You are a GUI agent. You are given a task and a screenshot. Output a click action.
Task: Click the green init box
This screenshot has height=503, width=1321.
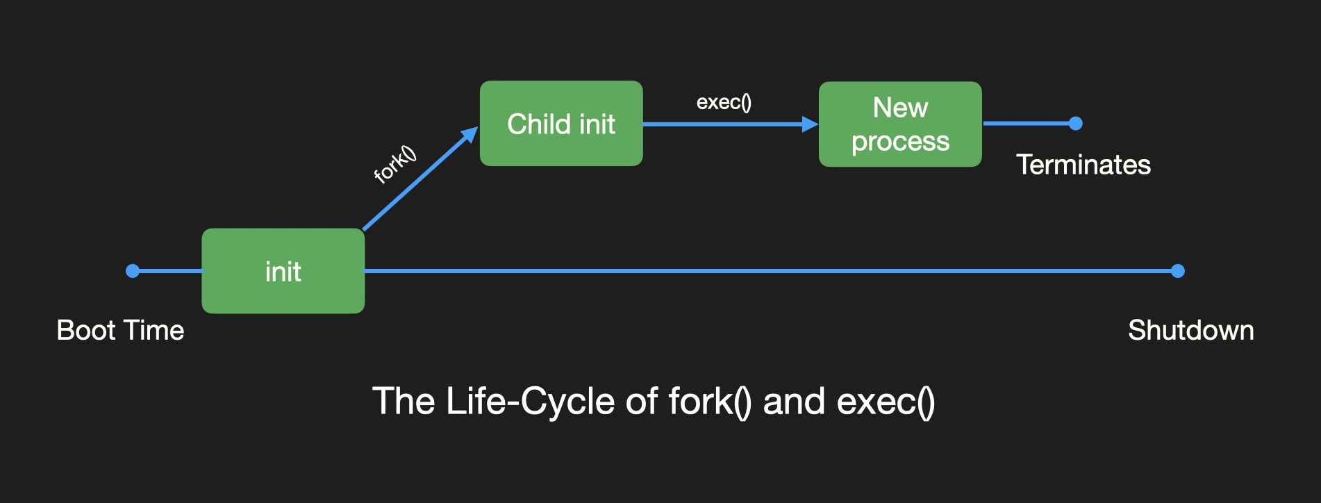(x=283, y=271)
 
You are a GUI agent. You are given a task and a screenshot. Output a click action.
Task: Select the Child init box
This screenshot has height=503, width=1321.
(x=561, y=123)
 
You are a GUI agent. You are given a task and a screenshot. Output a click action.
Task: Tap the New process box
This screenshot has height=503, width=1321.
(x=900, y=124)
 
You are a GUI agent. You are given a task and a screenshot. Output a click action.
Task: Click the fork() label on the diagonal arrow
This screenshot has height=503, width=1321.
(x=394, y=165)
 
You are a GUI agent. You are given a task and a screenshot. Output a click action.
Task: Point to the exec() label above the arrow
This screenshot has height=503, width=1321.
(x=724, y=102)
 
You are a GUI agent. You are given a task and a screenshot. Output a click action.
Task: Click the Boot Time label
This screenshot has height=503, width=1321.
(x=120, y=330)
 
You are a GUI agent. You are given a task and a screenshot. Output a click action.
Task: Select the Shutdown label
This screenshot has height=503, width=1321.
(x=1190, y=330)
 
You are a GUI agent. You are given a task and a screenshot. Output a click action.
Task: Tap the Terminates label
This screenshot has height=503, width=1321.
(x=1083, y=165)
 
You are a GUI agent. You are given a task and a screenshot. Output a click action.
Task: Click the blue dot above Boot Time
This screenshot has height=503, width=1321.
(x=133, y=271)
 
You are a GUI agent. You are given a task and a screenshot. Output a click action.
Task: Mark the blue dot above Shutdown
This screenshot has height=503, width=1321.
(x=1177, y=271)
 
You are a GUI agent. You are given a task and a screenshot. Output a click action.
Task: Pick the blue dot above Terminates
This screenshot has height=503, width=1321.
(x=1076, y=124)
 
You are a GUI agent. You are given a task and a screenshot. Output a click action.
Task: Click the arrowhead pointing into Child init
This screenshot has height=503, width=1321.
(x=470, y=135)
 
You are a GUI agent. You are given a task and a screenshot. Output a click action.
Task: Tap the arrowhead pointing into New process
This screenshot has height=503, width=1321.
(x=811, y=124)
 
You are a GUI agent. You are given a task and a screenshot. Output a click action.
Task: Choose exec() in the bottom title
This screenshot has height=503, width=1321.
(x=886, y=402)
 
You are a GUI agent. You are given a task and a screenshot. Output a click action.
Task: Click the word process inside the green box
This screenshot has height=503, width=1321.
(x=900, y=142)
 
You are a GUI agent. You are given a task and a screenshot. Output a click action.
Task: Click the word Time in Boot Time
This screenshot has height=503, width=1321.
(x=153, y=330)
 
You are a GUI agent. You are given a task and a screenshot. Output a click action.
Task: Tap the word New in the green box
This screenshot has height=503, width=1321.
(x=900, y=108)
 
